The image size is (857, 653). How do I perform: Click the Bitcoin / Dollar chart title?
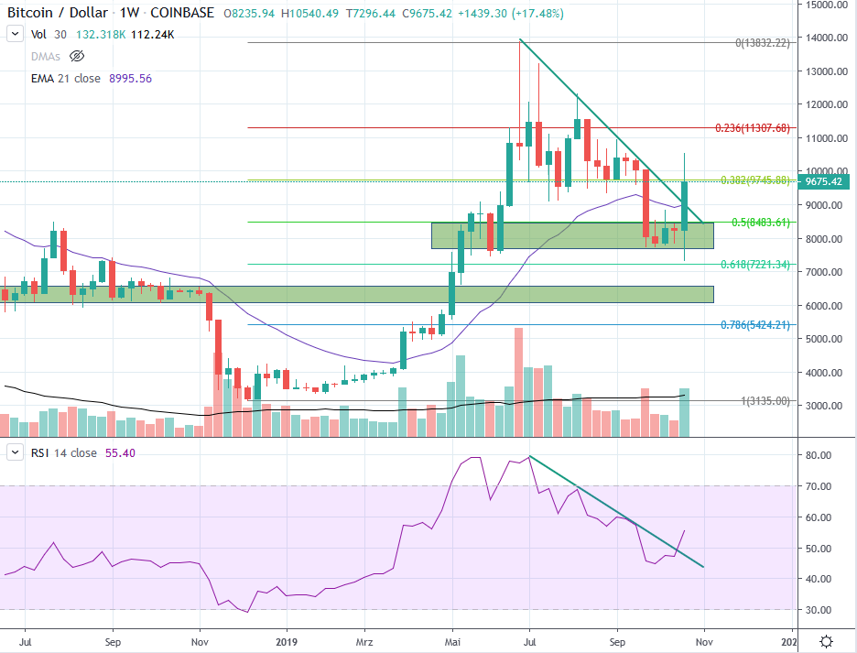[62, 14]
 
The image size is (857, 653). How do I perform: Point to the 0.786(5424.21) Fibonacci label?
[754, 324]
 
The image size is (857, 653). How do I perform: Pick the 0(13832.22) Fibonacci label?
[762, 43]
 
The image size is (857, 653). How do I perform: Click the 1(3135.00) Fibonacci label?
[765, 400]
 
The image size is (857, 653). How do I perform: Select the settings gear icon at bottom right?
[827, 640]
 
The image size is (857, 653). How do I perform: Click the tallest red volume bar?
[518, 382]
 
